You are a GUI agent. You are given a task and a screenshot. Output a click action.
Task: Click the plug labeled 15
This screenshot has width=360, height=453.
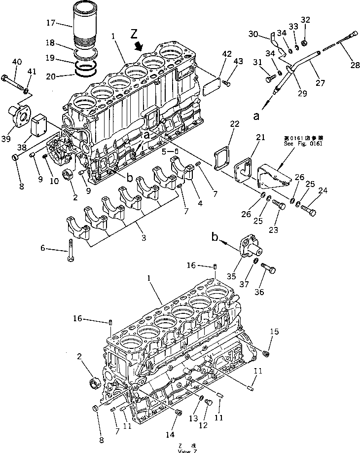267,353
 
